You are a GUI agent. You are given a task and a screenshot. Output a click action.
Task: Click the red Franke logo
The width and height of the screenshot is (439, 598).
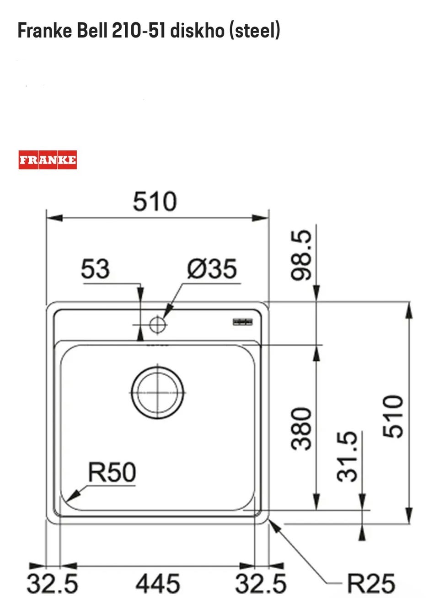(48, 160)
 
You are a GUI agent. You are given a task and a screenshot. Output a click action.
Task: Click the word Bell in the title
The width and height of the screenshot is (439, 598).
(92, 30)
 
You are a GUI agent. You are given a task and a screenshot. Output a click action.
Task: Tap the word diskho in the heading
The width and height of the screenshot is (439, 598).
(198, 30)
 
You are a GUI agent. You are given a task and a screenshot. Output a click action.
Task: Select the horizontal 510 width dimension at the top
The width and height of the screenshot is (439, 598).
(155, 201)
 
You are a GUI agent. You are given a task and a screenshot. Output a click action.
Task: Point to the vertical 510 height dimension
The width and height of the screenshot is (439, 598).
(392, 416)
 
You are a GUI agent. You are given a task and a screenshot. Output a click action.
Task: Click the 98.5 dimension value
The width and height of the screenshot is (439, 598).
(301, 255)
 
